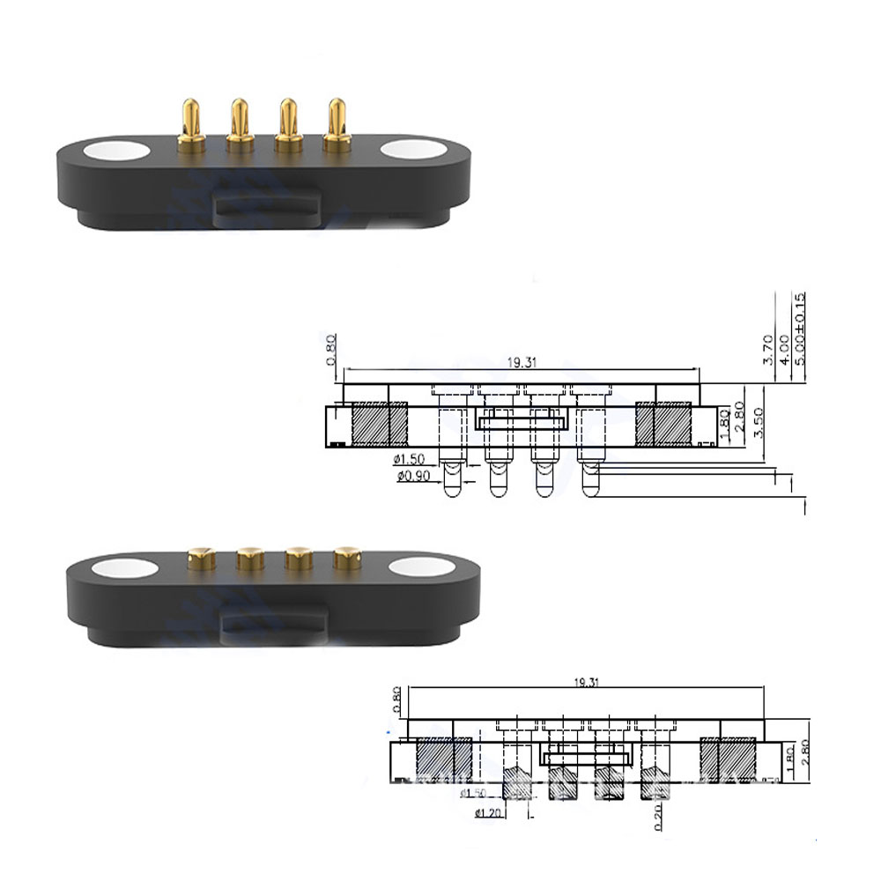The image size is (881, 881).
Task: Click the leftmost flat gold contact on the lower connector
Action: (202, 557)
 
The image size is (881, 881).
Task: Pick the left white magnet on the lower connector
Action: (115, 570)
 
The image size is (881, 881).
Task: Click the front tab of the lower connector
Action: (273, 625)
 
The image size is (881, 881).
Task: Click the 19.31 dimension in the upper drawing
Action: (522, 361)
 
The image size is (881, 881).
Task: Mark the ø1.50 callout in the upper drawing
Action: (411, 459)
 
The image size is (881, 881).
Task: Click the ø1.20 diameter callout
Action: (491, 811)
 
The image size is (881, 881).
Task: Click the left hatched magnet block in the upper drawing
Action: (379, 423)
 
